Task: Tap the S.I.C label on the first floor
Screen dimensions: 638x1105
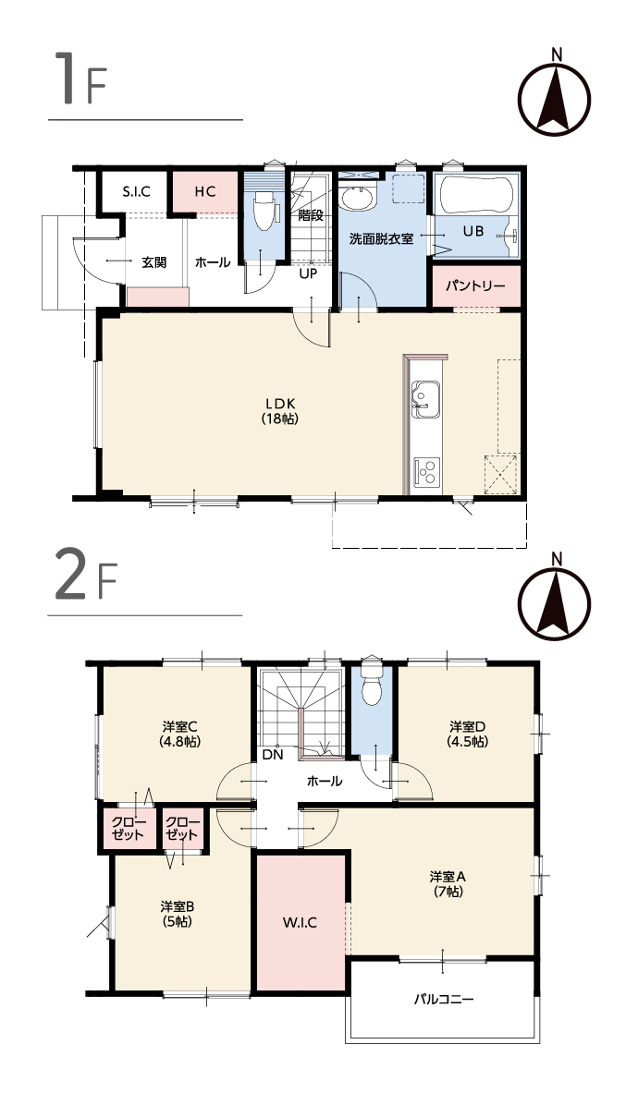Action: pyautogui.click(x=136, y=191)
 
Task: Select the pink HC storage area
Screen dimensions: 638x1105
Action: pyautogui.click(x=205, y=191)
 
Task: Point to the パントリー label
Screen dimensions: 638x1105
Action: pyautogui.click(x=475, y=286)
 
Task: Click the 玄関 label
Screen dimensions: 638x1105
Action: pyautogui.click(x=153, y=262)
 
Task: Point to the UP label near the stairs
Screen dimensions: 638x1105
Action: pyautogui.click(x=308, y=274)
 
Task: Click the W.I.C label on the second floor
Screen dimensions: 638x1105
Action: pyautogui.click(x=301, y=922)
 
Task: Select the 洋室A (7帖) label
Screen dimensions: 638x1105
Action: pyautogui.click(x=448, y=883)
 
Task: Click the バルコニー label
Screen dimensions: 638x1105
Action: pyautogui.click(x=444, y=1000)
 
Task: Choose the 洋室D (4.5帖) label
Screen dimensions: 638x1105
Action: pyautogui.click(x=468, y=734)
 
